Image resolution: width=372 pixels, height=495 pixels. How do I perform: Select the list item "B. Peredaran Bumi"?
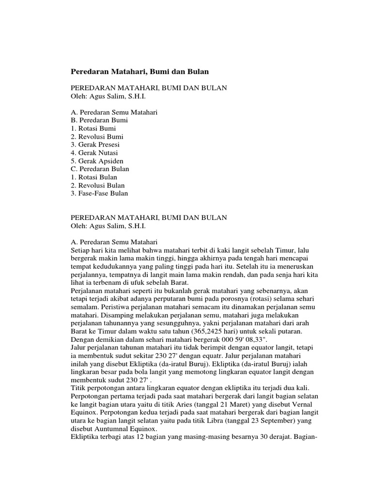99,120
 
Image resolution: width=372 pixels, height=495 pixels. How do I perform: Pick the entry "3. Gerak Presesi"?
95,145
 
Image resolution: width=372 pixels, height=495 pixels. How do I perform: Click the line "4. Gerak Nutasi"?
94,153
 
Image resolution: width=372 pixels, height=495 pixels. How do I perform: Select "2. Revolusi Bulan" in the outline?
97,185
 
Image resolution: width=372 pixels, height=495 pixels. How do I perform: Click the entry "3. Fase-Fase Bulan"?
99,193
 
